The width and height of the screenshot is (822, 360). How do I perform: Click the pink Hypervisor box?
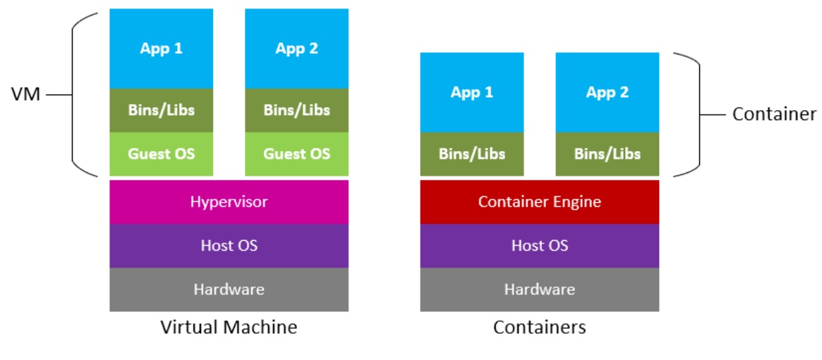[229, 202]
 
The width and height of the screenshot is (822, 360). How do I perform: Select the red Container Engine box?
[539, 202]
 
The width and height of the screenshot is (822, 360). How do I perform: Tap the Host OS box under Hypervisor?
[229, 246]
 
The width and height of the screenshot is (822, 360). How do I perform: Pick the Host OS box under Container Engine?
[539, 246]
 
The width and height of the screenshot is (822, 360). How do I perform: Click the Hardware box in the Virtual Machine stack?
[229, 289]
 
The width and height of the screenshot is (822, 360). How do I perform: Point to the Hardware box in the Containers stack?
[539, 289]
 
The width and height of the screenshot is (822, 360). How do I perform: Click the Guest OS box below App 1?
[161, 153]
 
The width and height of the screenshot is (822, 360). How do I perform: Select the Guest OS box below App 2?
[296, 153]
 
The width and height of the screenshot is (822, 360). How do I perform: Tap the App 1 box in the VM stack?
[161, 49]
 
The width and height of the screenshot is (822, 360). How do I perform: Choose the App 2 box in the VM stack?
[296, 49]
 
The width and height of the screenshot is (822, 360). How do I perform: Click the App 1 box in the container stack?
[471, 92]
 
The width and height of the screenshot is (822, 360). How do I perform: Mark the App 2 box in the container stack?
[607, 92]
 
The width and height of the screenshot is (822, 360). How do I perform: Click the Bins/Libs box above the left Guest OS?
[161, 110]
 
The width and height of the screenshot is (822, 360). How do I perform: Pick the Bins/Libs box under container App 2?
[607, 154]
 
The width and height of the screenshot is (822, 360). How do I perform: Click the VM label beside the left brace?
[26, 94]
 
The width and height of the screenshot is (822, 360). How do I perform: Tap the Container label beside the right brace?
[774, 114]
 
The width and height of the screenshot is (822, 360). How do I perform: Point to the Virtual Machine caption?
[229, 328]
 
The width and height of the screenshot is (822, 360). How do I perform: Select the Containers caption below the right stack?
[539, 328]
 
